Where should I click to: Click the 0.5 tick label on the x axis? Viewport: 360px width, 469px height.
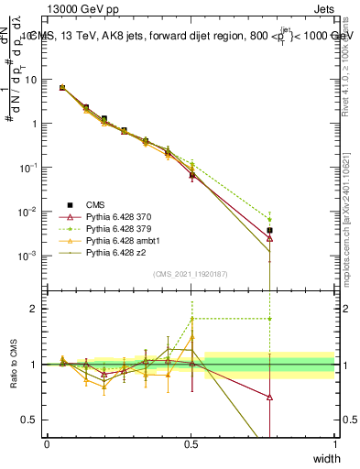pyautogui.click(x=191, y=443)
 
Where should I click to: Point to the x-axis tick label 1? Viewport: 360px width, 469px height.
pyautogui.click(x=335, y=443)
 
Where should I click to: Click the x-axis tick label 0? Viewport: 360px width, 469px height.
pyautogui.click(x=48, y=443)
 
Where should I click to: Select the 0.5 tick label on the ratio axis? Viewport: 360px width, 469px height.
pyautogui.click(x=32, y=420)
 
